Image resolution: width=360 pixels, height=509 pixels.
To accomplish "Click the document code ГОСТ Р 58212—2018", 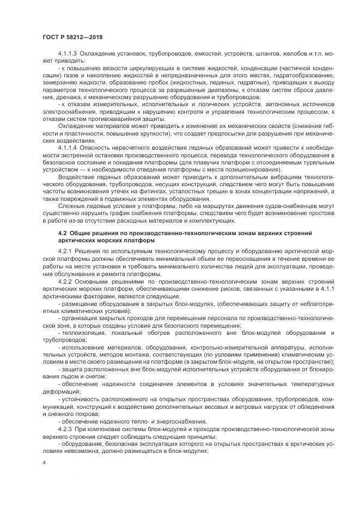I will point(72,36).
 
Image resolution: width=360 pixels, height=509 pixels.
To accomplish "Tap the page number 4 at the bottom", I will point(44,462).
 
